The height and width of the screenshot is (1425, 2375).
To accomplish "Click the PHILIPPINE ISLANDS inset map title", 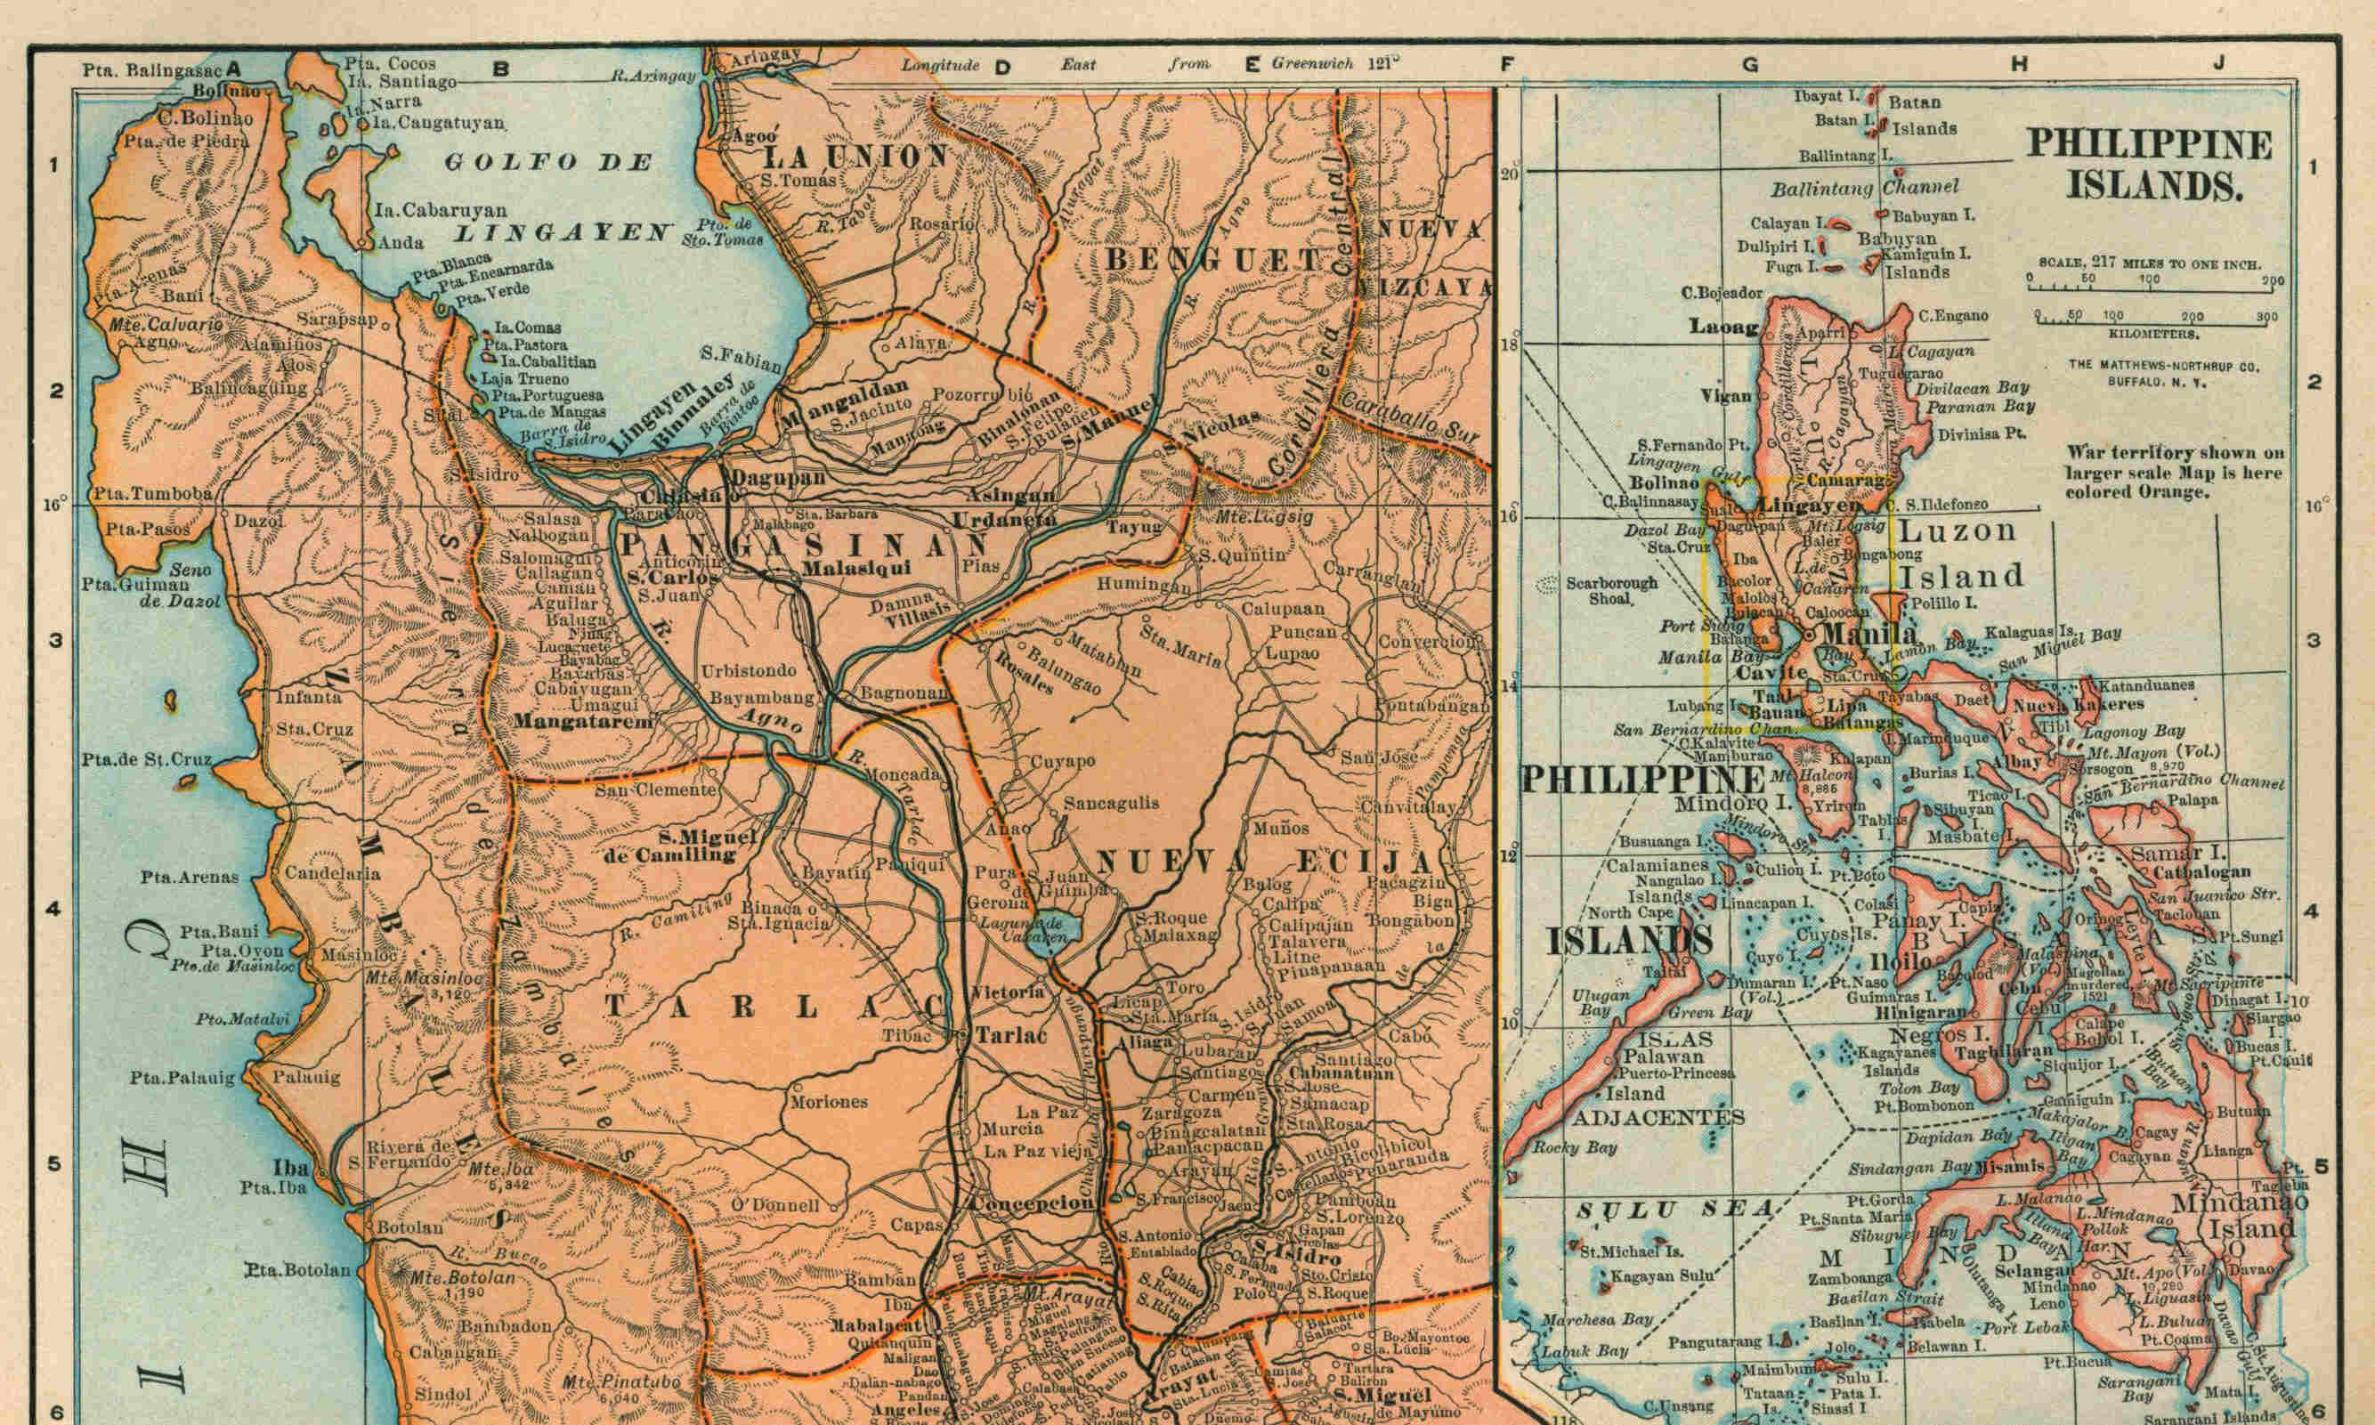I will (2149, 163).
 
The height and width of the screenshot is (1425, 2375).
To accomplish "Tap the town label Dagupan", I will (765, 477).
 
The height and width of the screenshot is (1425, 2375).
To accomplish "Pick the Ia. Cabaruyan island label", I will (427, 209).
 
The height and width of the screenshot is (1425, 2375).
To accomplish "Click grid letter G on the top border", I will (1750, 65).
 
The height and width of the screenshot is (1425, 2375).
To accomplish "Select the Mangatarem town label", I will (583, 720).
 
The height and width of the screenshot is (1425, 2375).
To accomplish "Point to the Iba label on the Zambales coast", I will (290, 1170).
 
